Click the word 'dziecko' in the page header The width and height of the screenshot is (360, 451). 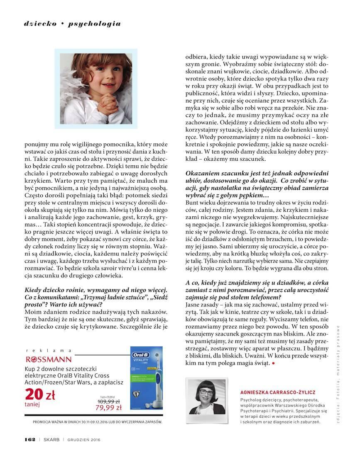[x=40, y=24]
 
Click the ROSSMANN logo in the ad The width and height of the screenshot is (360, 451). [x=49, y=359]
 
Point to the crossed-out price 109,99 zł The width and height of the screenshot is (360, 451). [x=108, y=402]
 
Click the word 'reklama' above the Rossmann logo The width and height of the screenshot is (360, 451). [x=49, y=350]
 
